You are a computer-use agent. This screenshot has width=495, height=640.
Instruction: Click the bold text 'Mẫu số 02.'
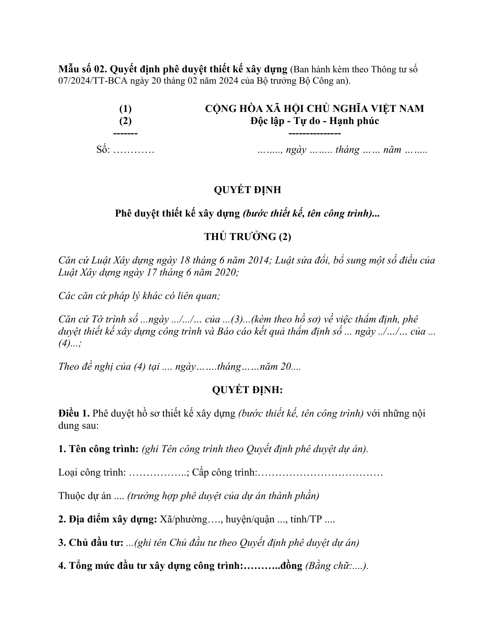tap(82, 69)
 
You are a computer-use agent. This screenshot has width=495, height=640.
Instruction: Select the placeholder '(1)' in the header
tap(125, 109)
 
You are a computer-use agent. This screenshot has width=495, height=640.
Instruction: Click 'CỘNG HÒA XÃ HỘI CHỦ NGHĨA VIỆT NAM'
tap(314, 109)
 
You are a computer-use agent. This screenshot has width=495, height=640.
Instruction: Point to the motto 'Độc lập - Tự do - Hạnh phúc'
tap(314, 121)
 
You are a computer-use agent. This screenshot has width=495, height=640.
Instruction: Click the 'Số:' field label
tap(103, 150)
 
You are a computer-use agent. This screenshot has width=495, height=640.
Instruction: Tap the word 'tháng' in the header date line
tap(347, 150)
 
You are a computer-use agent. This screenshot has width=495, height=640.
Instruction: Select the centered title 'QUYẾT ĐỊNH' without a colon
tap(247, 190)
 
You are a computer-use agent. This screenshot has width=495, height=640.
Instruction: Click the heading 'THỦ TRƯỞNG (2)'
tap(247, 237)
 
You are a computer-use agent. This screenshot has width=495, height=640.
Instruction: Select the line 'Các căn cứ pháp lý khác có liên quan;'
tap(139, 296)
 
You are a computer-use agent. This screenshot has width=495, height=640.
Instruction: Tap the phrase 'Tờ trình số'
tap(115, 319)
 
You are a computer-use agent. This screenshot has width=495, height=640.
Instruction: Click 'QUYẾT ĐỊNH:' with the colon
tap(247, 390)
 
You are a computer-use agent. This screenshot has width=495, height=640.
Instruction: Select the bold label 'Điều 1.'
tap(74, 413)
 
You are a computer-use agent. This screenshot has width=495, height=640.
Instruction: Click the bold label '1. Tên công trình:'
tap(99, 449)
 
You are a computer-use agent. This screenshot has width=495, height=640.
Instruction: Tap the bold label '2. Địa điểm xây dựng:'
tap(108, 519)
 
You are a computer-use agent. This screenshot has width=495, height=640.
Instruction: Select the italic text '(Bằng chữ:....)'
tap(337, 566)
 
